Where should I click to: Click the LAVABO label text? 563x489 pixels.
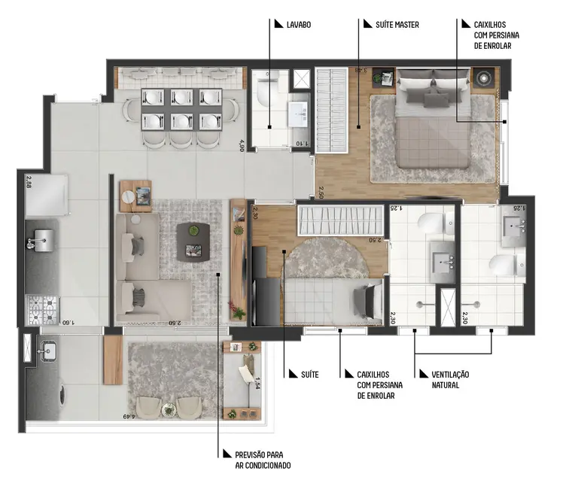coord(298,25)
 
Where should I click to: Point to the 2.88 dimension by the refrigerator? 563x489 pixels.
coord(29,181)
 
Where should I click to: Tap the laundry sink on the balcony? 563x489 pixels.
coord(49,350)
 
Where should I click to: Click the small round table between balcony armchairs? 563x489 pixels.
coord(167,407)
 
